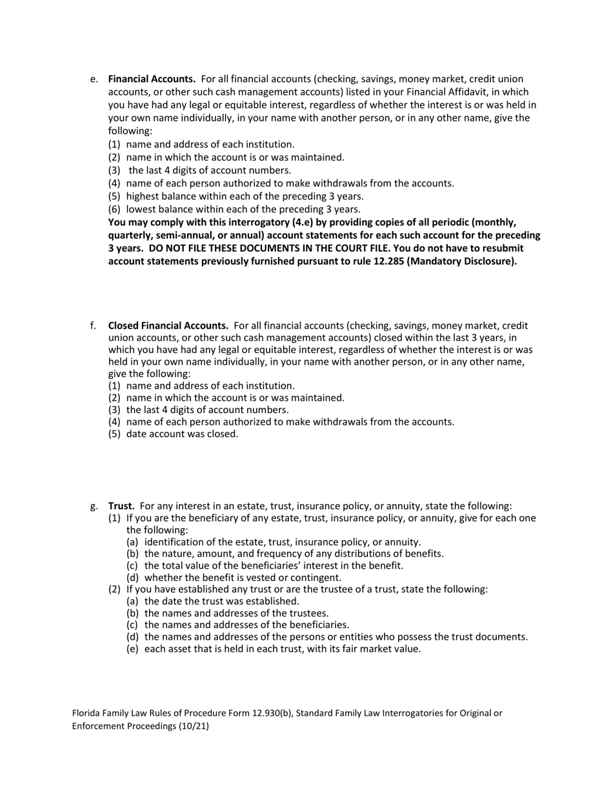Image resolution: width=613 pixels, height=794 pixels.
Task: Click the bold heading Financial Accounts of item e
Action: [x=152, y=79]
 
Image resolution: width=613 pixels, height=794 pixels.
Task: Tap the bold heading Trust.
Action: [x=121, y=506]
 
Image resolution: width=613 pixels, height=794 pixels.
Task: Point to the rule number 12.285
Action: [x=390, y=261]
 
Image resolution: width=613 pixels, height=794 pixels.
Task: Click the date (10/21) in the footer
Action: [x=194, y=726]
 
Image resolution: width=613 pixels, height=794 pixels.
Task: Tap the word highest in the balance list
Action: [x=144, y=196]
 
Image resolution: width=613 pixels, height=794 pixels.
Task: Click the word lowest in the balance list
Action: [x=142, y=209]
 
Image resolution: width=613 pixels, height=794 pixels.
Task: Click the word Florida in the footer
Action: [x=86, y=713]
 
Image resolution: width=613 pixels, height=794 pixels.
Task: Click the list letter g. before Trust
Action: [x=94, y=506]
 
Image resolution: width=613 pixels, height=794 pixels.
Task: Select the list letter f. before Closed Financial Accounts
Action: [x=94, y=325]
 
